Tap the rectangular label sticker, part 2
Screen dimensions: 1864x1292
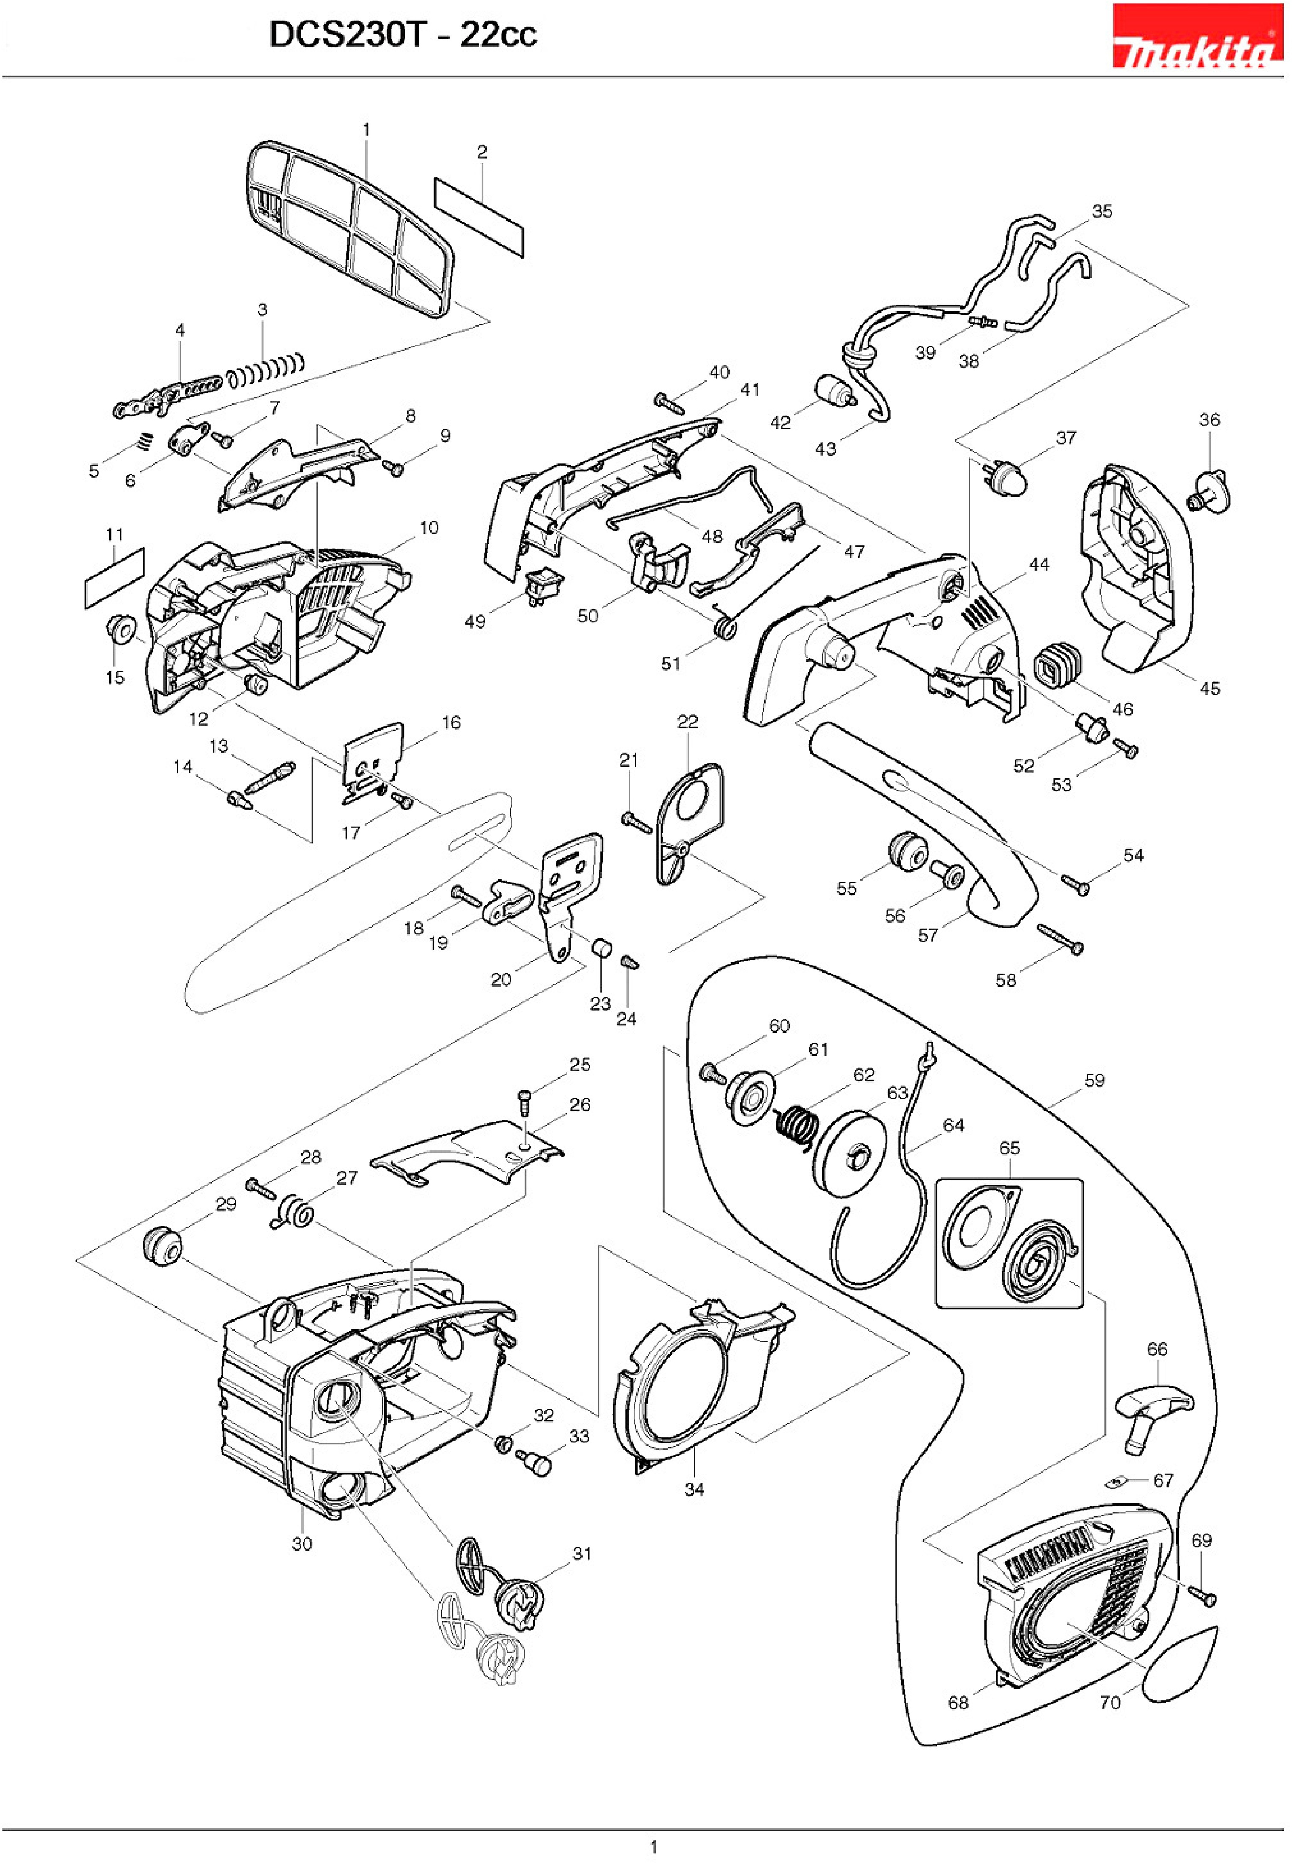[x=479, y=217]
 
